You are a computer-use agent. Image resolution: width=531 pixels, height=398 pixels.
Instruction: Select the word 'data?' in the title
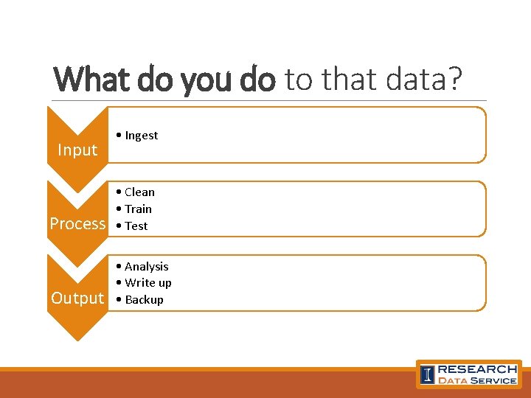pos(427,79)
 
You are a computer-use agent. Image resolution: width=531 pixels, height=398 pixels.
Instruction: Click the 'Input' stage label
pos(77,150)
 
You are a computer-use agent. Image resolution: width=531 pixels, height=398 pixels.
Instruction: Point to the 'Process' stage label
pos(77,224)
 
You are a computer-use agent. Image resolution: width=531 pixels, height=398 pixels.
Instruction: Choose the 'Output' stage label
pos(77,298)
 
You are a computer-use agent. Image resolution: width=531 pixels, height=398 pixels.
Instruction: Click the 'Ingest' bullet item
pos(141,136)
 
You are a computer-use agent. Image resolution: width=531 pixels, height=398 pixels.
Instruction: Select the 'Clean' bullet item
pos(139,192)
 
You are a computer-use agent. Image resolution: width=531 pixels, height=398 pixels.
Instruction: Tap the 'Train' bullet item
pos(138,209)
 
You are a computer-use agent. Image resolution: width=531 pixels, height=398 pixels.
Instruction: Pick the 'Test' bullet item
pos(136,226)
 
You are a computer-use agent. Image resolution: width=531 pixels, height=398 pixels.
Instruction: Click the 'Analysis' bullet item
pos(146,267)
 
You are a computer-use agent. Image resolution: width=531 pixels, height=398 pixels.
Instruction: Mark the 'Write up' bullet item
pos(147,283)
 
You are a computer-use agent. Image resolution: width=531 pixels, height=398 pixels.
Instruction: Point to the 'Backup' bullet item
pos(144,300)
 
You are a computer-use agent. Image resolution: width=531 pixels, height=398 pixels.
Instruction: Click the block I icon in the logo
pos(428,374)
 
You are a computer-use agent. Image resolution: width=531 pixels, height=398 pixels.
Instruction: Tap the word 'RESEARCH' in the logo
pos(477,369)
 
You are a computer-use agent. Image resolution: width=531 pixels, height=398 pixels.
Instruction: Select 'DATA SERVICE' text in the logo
pos(477,380)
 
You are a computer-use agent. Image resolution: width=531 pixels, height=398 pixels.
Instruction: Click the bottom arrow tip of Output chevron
pos(77,338)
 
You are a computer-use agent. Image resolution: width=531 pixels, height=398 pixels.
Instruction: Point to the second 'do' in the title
pos(257,79)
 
